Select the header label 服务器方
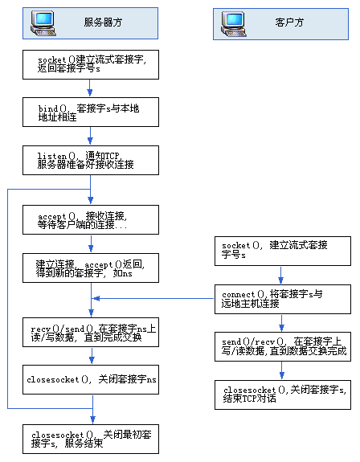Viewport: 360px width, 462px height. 103,24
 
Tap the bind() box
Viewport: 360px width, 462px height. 92,112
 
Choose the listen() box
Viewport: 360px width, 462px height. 92,159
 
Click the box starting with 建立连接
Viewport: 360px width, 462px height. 92,268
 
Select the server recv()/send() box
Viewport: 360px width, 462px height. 92,333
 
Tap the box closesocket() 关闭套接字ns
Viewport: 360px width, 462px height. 92,378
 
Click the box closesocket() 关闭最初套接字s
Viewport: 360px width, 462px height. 92,438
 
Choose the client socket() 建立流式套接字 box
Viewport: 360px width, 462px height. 282,250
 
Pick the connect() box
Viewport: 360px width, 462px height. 282,300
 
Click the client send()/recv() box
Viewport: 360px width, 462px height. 282,347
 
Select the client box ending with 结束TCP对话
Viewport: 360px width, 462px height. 282,395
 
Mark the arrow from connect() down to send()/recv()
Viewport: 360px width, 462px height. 282,323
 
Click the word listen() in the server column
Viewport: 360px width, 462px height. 51,154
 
